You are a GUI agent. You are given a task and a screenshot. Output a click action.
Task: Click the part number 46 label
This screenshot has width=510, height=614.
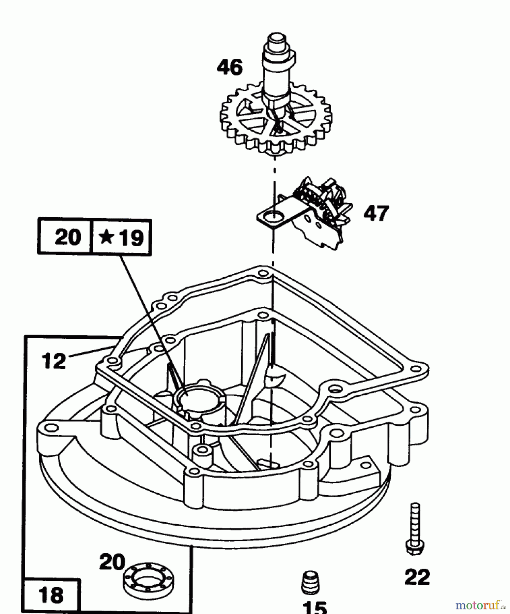(x=230, y=67)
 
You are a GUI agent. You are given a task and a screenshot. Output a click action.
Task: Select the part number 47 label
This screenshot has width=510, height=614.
(x=376, y=213)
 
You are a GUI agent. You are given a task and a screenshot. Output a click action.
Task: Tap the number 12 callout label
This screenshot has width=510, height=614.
(x=53, y=361)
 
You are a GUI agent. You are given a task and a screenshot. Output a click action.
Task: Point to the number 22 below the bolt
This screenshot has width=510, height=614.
(x=417, y=577)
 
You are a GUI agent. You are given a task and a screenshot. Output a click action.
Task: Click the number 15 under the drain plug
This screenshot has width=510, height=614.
(x=314, y=607)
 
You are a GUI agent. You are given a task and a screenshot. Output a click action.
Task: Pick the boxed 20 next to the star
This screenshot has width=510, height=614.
(x=67, y=237)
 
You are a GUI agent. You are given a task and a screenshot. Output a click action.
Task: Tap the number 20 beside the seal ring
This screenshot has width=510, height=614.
(x=112, y=562)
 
